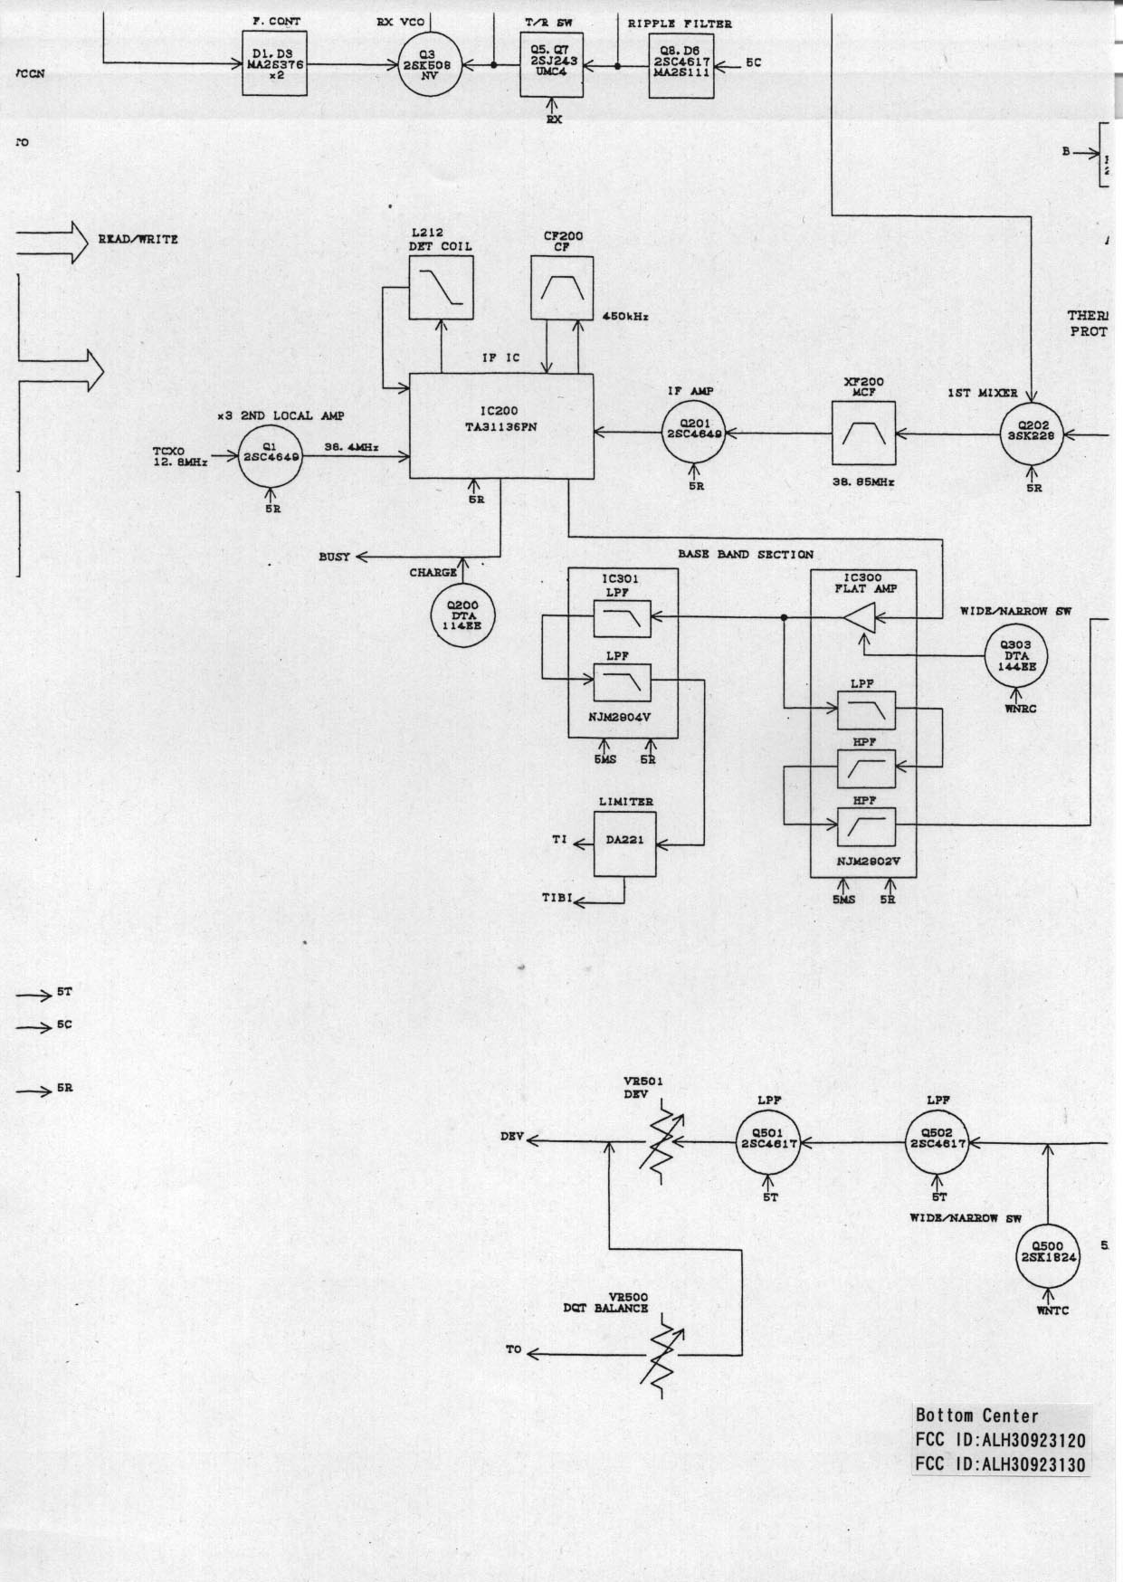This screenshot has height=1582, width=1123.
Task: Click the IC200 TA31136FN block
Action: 502,425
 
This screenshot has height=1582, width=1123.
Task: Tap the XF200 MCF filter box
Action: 862,434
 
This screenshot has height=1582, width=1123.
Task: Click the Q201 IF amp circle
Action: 694,434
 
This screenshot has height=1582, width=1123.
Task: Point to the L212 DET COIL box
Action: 441,287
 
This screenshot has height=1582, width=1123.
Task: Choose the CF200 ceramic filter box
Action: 562,287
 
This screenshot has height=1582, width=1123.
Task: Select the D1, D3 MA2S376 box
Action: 275,64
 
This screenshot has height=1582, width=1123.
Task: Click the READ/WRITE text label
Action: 138,240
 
